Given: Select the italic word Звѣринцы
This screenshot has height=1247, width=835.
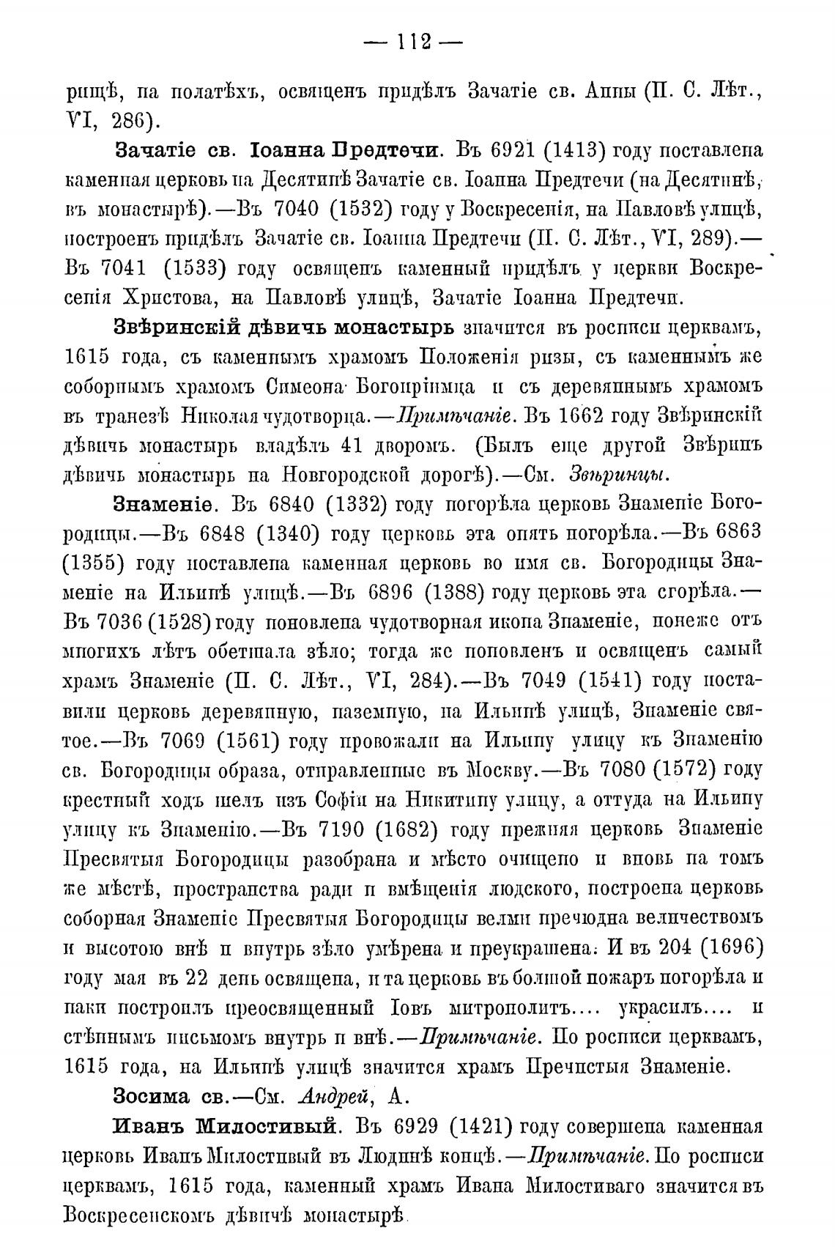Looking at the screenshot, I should pos(620,476).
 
